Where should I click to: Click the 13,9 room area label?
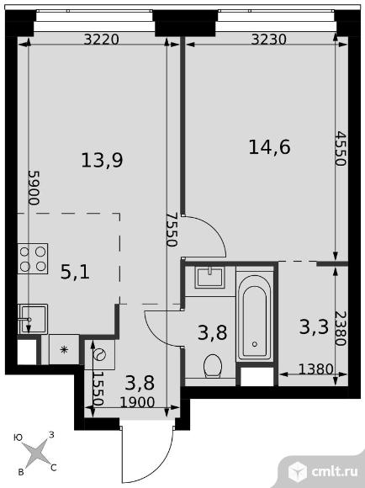coord(102,159)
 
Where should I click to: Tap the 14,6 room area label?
coord(269,147)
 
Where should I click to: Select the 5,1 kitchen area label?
coord(75,272)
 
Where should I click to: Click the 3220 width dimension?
coord(102,38)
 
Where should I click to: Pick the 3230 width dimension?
coord(269,38)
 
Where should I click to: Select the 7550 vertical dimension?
coord(170,226)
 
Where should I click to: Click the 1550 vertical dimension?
coord(98,390)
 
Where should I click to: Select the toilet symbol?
coord(213,363)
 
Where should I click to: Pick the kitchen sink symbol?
coord(32,319)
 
